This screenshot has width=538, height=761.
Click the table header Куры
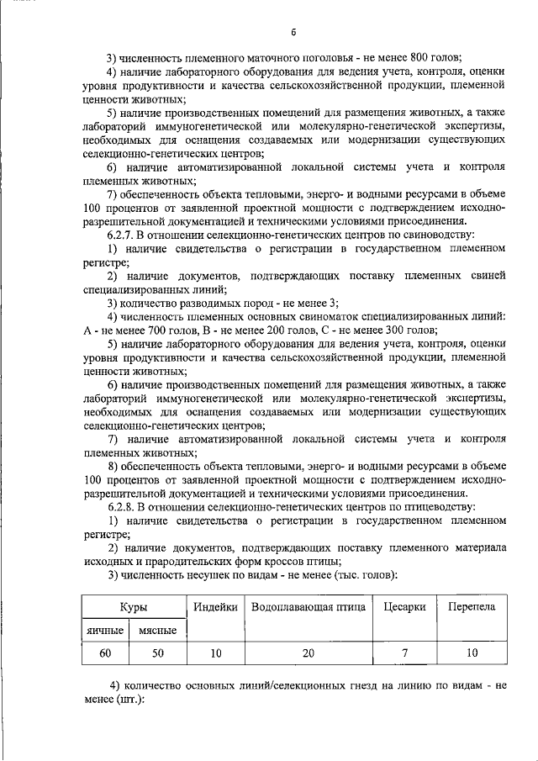[x=134, y=607]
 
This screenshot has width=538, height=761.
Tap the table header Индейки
[x=214, y=607]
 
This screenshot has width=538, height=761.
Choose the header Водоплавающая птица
[x=306, y=607]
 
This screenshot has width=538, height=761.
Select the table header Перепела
[x=471, y=607]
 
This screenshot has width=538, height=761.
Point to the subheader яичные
[x=105, y=630]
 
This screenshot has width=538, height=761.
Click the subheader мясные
[x=157, y=630]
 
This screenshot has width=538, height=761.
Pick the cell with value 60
[x=105, y=653]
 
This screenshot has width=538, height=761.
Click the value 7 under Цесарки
[x=404, y=653]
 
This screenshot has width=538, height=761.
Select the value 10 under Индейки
[x=214, y=653]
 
